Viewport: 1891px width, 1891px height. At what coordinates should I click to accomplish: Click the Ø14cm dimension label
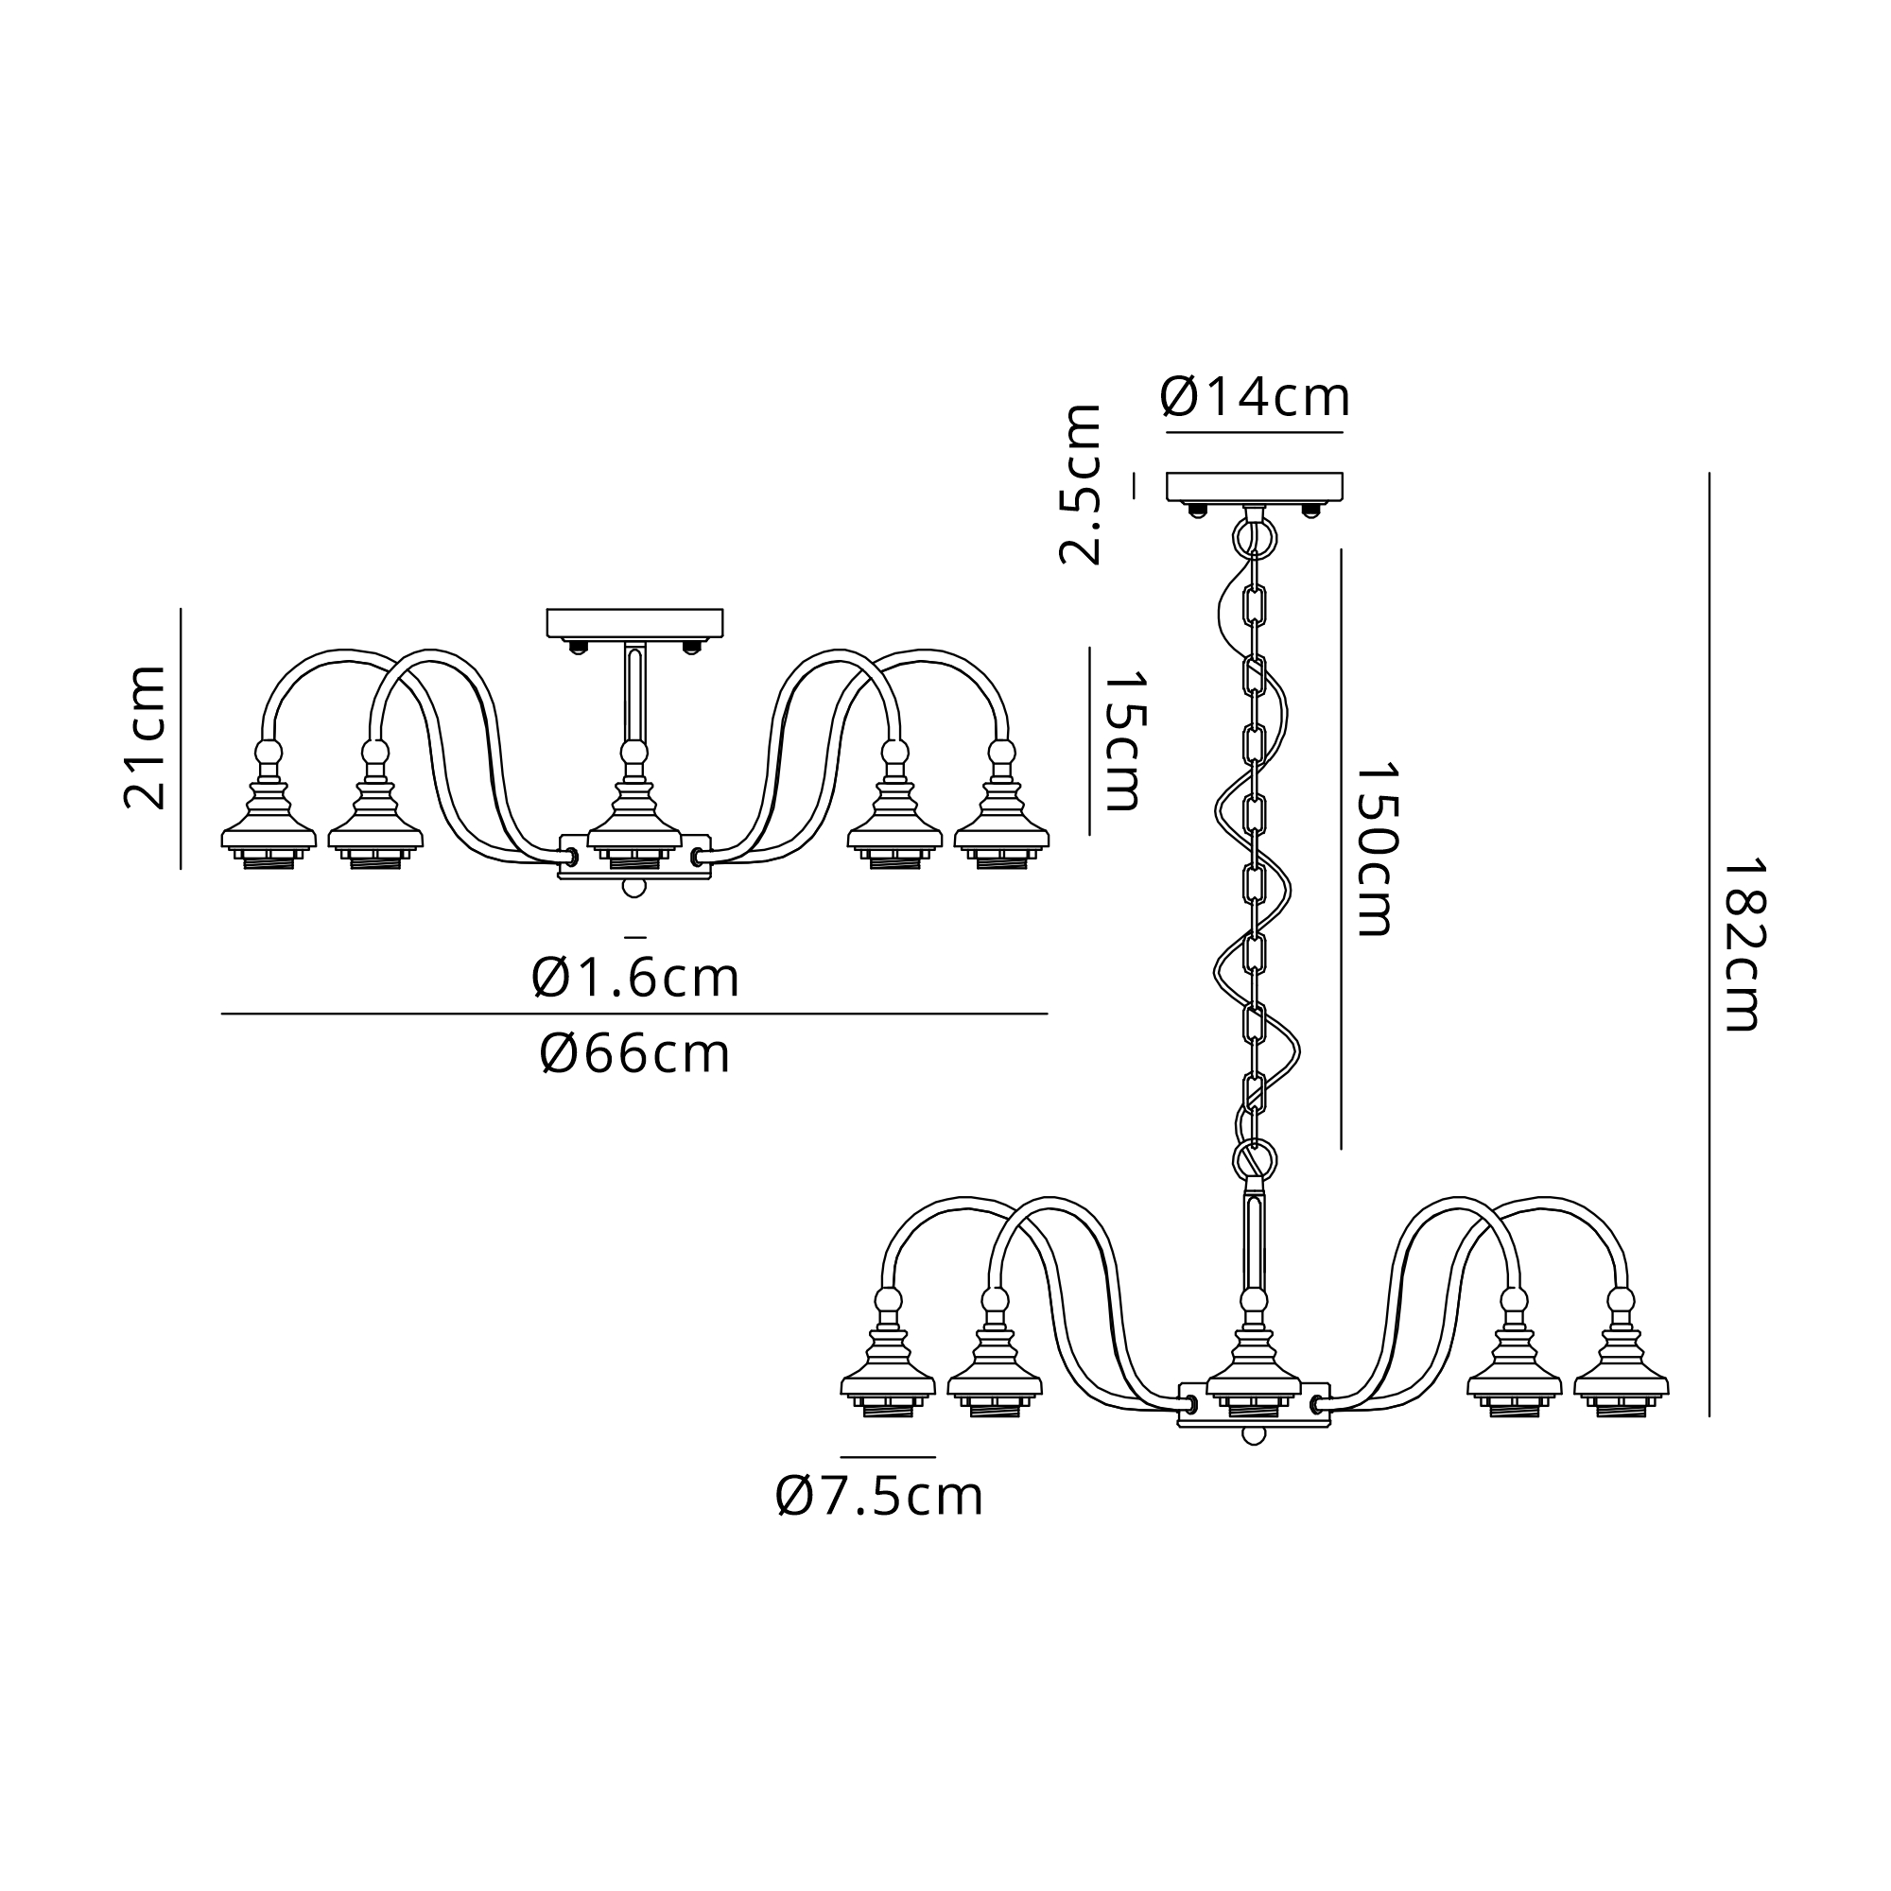click(1254, 397)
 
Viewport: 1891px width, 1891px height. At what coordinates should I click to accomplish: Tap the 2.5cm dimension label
click(1081, 484)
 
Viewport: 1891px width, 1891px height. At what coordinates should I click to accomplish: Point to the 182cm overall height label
click(1742, 945)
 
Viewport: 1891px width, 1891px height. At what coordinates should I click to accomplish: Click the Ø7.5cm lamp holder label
click(879, 1497)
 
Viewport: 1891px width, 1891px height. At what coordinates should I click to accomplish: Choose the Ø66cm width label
click(635, 1054)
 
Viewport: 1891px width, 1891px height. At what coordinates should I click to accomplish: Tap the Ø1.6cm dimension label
click(635, 978)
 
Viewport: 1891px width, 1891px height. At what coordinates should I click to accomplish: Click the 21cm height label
click(145, 737)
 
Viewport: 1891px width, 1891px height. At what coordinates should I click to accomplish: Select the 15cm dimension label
click(1122, 741)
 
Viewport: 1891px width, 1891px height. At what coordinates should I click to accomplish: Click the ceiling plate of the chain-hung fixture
click(1254, 486)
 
